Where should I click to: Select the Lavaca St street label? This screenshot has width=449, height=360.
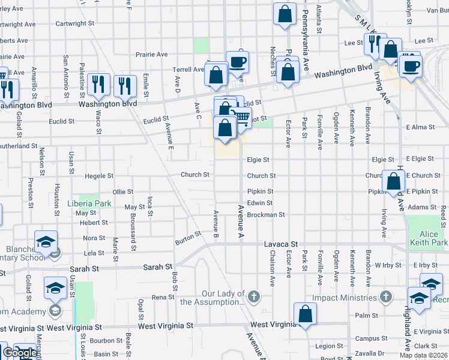click(x=281, y=245)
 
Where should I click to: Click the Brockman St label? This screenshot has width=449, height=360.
click(x=265, y=214)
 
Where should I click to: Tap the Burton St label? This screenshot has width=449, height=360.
click(x=187, y=239)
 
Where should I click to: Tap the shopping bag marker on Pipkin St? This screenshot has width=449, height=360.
click(x=393, y=181)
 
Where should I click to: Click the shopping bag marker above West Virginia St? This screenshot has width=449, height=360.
click(x=305, y=313)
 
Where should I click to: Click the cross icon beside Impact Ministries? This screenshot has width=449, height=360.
click(x=385, y=297)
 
